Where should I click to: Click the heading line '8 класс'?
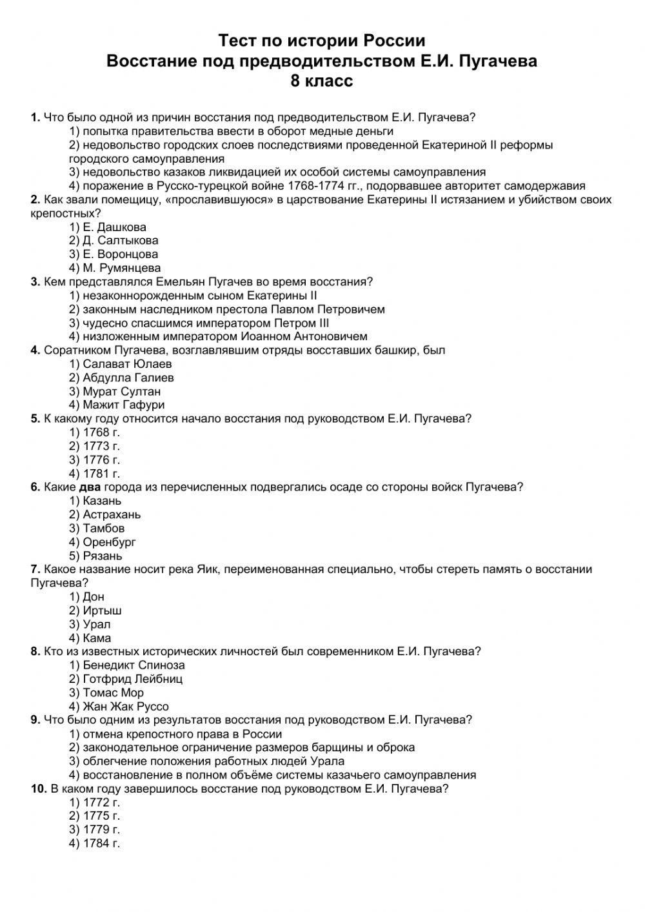pos(322,81)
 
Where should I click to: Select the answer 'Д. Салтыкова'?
pos(114,241)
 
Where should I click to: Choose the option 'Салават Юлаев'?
pos(121,364)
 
